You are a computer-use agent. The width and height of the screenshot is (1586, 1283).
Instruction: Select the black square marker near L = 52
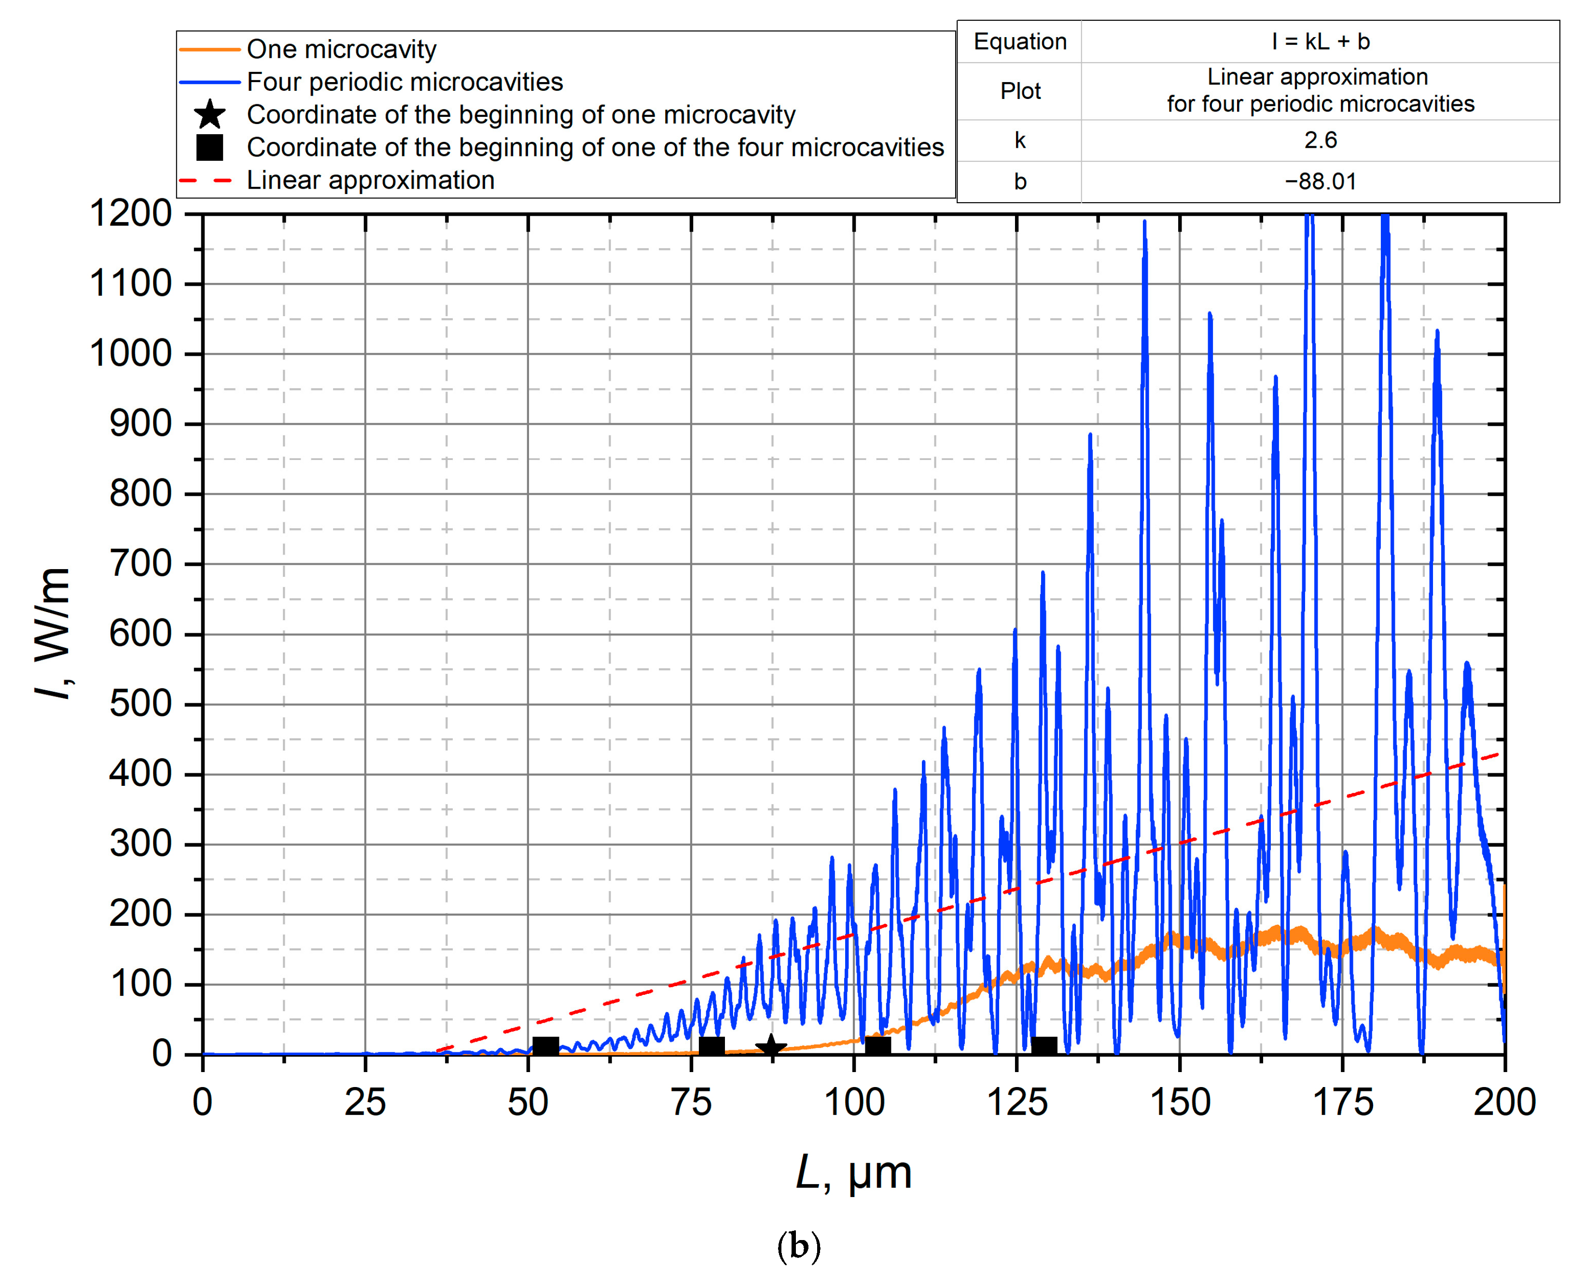pyautogui.click(x=545, y=1046)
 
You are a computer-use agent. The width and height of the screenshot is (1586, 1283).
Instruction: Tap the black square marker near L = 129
pyautogui.click(x=1043, y=1046)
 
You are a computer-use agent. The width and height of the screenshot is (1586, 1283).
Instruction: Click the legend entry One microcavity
pyautogui.click(x=341, y=50)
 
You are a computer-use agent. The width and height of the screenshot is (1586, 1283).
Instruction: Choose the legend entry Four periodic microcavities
pyautogui.click(x=404, y=82)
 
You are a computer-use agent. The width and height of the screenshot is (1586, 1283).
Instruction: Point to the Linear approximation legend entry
pyautogui.click(x=370, y=181)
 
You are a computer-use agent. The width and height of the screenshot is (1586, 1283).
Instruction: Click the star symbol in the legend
pyautogui.click(x=210, y=114)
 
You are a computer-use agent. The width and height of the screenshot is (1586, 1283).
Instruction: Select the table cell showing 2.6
pyautogui.click(x=1320, y=140)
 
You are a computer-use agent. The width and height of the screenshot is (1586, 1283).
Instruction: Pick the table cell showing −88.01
pyautogui.click(x=1320, y=182)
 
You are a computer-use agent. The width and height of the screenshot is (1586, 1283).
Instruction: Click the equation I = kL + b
pyautogui.click(x=1320, y=42)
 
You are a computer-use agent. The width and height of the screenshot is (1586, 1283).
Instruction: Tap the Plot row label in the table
pyautogui.click(x=1020, y=91)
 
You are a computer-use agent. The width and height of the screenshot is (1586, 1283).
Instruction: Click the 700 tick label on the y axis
pyautogui.click(x=140, y=565)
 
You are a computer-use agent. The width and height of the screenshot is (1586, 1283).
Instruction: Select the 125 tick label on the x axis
pyautogui.click(x=1017, y=1102)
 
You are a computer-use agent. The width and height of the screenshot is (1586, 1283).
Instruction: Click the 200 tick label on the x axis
pyautogui.click(x=1505, y=1102)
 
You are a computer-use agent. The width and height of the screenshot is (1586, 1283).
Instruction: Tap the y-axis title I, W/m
pyautogui.click(x=53, y=634)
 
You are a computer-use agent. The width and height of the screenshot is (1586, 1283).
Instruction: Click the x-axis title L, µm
pyautogui.click(x=854, y=1173)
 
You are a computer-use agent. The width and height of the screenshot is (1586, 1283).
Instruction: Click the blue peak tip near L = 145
pyautogui.click(x=1145, y=222)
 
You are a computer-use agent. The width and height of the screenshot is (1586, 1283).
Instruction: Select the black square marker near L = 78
pyautogui.click(x=711, y=1046)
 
